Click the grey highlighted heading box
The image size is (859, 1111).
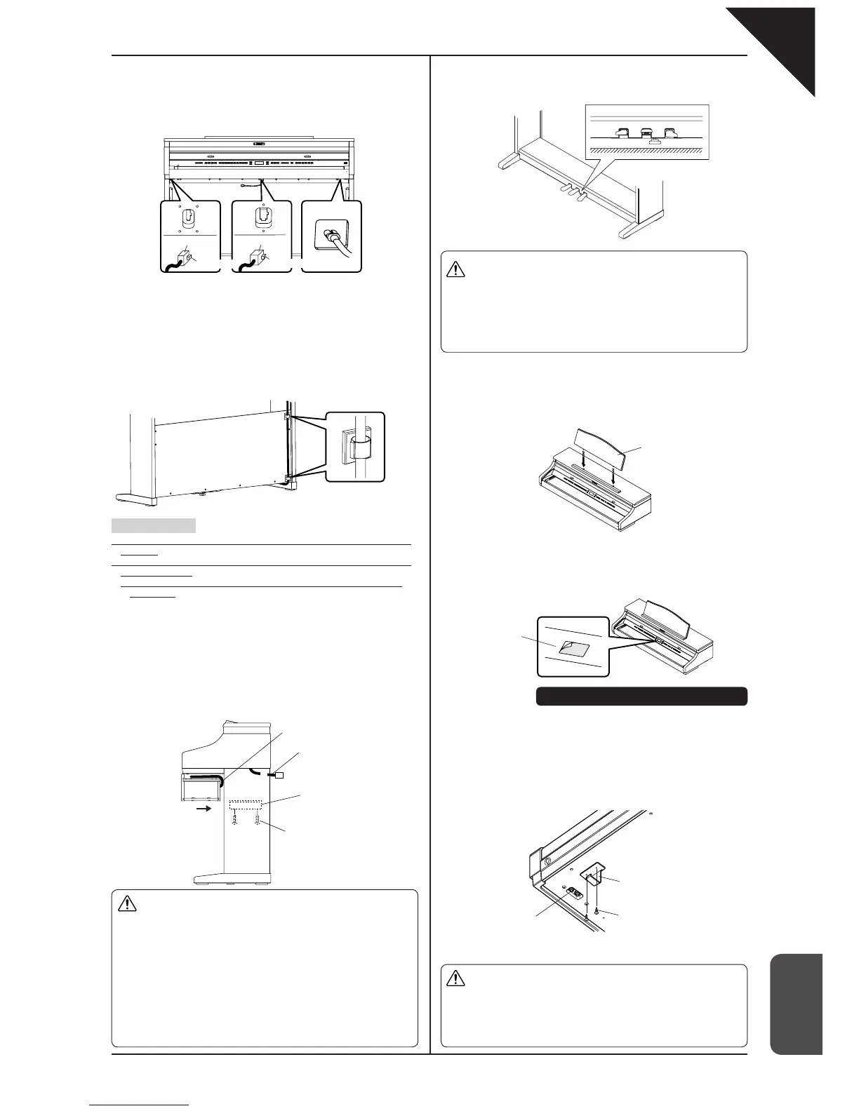point(153,525)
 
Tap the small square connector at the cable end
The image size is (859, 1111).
point(279,776)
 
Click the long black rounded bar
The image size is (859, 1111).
point(641,696)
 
